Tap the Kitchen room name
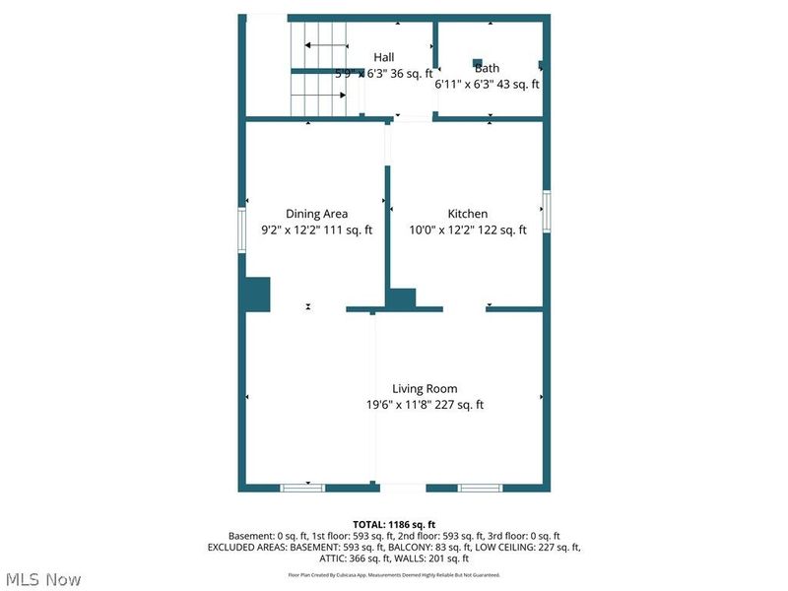coord(468,214)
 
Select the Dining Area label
coord(316,214)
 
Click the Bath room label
coord(488,68)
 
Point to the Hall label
coord(383,57)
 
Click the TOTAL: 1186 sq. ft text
coord(394,524)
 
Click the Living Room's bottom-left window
coord(302,488)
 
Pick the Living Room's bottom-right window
coord(480,488)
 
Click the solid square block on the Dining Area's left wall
coord(257,295)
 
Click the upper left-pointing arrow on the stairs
coord(325,45)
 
